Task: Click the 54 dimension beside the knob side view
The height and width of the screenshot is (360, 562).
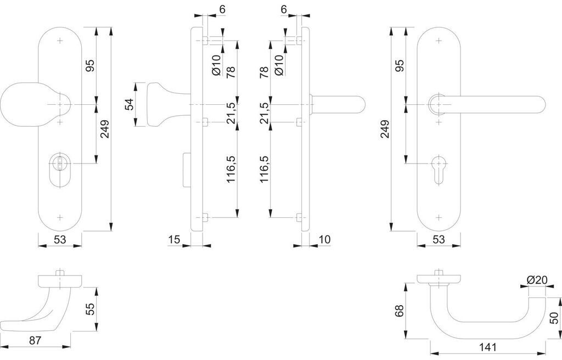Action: coord(130,104)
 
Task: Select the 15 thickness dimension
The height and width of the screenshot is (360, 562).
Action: coord(175,239)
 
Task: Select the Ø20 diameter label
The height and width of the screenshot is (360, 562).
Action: coord(537,280)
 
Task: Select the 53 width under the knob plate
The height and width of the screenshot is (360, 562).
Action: coord(60,239)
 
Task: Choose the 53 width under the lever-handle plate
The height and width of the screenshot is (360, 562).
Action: coord(438,239)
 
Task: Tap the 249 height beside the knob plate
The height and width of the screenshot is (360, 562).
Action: coord(105,128)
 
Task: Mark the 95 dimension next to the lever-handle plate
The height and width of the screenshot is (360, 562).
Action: coord(400,66)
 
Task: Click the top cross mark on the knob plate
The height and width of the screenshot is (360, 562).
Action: coord(60,40)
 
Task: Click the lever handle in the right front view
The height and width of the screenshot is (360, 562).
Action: coord(494,104)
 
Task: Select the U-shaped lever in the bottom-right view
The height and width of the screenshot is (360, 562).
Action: coord(483,313)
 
